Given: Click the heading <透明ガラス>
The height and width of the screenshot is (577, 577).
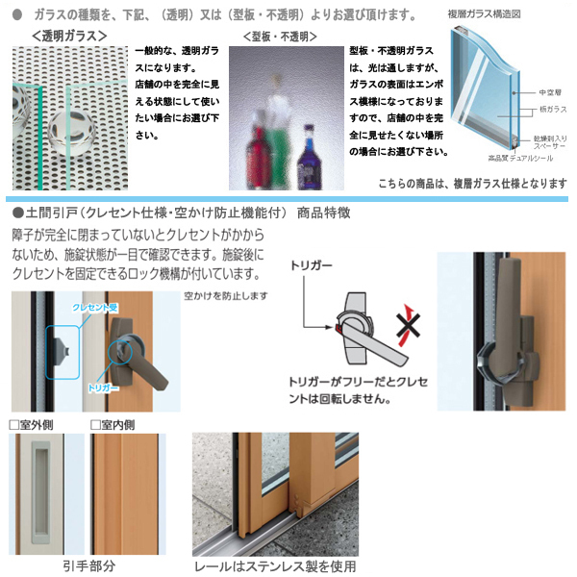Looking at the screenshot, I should click(68, 37).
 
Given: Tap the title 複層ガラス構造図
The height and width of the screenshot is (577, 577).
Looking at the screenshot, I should click(487, 15).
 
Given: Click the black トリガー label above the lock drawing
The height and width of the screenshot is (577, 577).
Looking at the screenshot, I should click(311, 272).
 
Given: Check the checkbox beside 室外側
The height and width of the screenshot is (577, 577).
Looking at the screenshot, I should click(14, 423).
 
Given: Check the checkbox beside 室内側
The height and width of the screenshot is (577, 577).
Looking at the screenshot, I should click(95, 423).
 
